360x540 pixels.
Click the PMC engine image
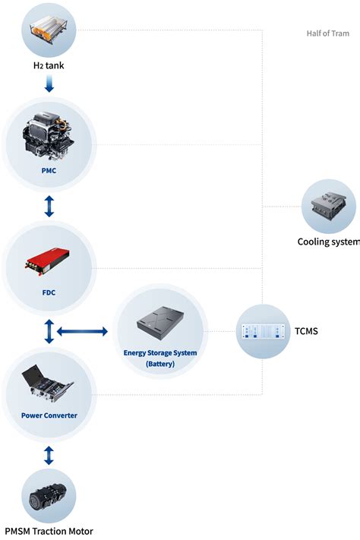tap(49, 138)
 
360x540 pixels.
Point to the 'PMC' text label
tap(49, 171)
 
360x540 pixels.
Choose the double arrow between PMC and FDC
tap(49, 204)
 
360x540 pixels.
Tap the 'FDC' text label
tap(49, 291)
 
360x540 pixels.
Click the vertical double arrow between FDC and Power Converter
tap(49, 330)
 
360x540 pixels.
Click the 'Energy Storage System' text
tap(160, 353)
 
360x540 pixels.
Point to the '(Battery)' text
tap(160, 365)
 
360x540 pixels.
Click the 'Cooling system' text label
tap(327, 242)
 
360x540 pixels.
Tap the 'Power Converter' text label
tap(49, 415)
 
